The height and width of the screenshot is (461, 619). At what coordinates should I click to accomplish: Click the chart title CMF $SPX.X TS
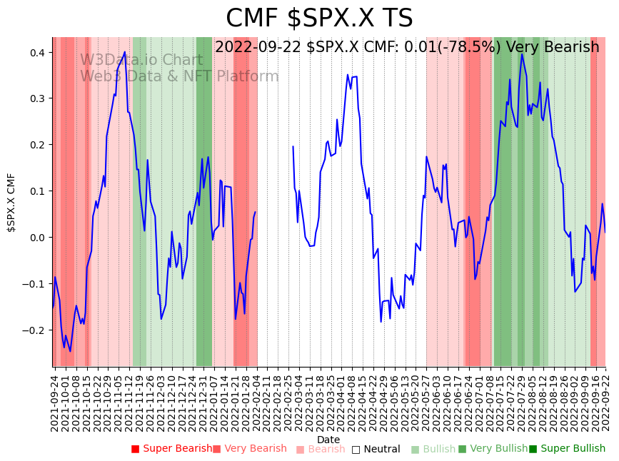click(319, 19)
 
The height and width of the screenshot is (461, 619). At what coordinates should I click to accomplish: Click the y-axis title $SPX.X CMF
click(11, 202)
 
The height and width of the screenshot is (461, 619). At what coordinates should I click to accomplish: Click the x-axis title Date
click(328, 440)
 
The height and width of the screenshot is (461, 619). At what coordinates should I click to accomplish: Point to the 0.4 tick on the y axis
click(36, 53)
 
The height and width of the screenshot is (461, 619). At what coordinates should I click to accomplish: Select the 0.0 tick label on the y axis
click(36, 238)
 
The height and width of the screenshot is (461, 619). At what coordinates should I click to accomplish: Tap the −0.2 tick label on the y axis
click(34, 330)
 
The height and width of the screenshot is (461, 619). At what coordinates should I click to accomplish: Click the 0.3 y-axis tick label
click(36, 98)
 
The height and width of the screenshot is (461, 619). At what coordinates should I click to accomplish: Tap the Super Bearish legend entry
click(171, 449)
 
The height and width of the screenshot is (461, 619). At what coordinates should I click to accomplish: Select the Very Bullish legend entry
click(492, 449)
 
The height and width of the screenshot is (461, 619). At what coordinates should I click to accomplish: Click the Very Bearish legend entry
click(249, 449)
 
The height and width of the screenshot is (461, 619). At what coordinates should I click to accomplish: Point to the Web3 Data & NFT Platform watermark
click(179, 76)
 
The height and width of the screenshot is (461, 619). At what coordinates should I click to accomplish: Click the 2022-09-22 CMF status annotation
click(407, 47)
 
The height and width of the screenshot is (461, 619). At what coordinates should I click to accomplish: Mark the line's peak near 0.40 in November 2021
click(125, 52)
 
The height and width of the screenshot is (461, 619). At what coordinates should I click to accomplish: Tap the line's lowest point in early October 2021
click(70, 351)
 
